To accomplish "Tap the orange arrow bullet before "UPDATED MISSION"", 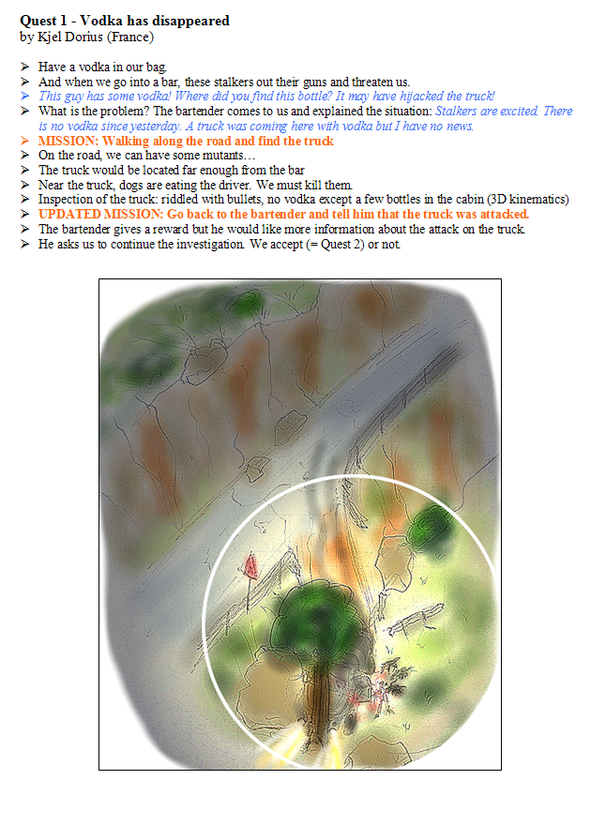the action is point(24,214).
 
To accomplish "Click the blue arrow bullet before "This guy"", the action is point(24,97).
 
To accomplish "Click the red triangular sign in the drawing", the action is point(251,566).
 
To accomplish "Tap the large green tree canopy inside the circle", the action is point(319,619).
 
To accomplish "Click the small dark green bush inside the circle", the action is point(432,526).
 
